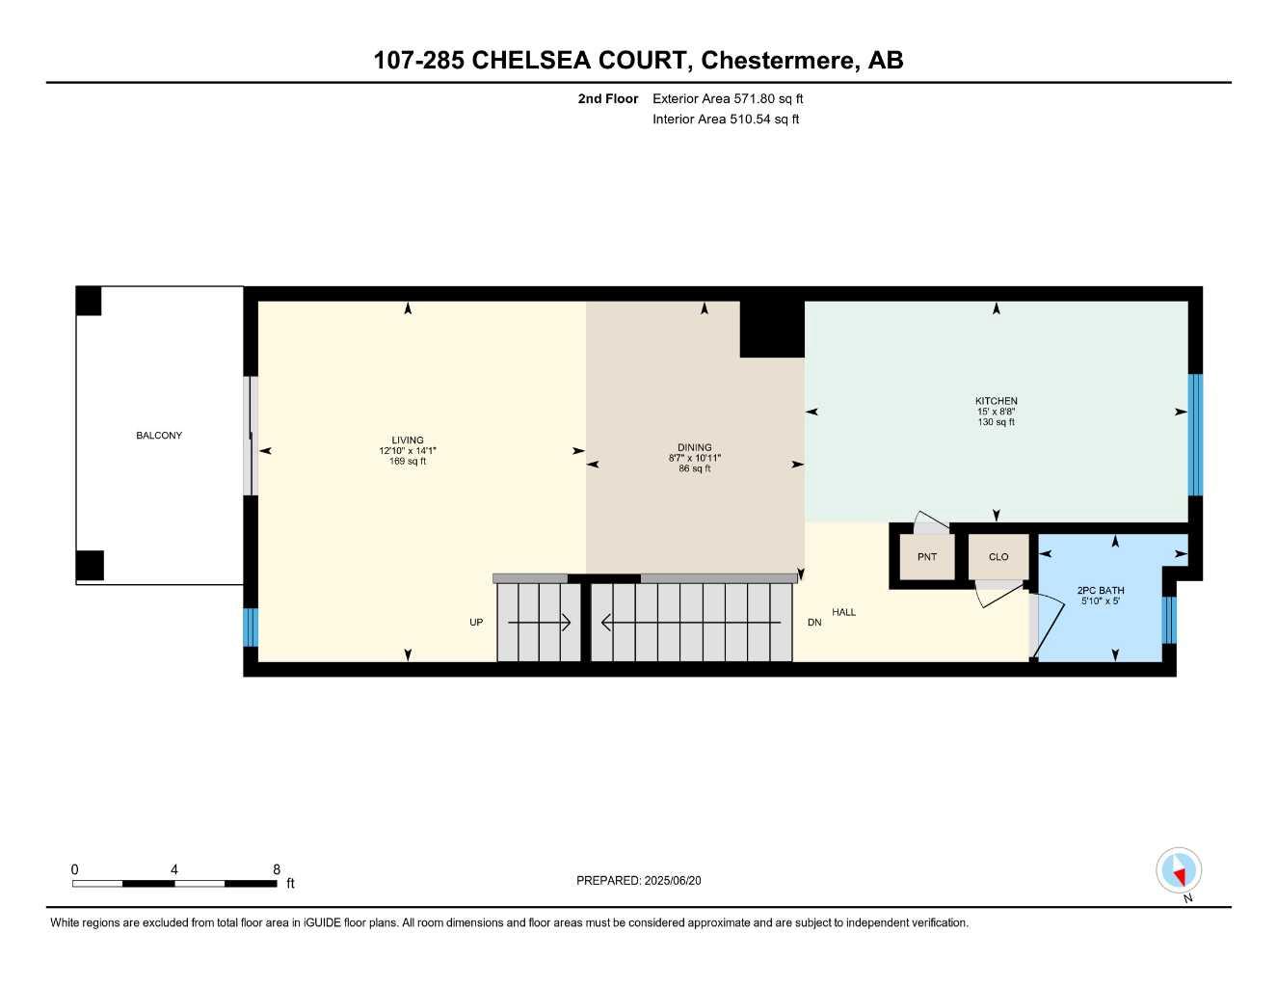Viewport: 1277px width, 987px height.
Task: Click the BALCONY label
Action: pos(159,436)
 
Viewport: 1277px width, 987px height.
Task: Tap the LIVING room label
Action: pos(408,440)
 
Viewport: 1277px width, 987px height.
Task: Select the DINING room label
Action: pos(694,447)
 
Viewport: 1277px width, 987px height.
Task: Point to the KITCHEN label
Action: pos(996,401)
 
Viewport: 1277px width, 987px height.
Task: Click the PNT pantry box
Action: pos(926,557)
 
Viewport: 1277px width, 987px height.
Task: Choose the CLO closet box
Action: pos(998,557)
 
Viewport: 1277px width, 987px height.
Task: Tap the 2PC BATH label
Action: pos(1100,591)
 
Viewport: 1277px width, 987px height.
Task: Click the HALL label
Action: pos(843,612)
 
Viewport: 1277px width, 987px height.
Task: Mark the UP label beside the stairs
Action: pos(476,623)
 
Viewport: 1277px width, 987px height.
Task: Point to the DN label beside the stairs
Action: pos(814,623)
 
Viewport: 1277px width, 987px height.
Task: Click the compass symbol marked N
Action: pos(1179,872)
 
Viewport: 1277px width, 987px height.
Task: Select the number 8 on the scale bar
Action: pos(277,869)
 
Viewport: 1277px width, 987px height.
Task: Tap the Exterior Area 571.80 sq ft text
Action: pos(728,98)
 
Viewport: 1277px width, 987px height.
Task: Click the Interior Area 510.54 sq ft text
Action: pos(726,120)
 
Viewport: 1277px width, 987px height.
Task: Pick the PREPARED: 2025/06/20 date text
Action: pos(639,880)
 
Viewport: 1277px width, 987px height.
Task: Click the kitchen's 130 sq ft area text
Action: pos(996,422)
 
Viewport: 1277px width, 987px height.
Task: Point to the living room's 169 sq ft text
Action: pos(408,462)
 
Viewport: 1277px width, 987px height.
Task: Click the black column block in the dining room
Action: pos(771,329)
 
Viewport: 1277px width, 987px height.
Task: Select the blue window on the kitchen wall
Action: pos(1195,434)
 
